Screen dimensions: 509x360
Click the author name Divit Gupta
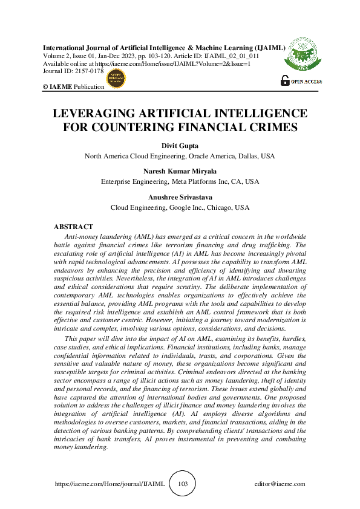pyautogui.click(x=180, y=146)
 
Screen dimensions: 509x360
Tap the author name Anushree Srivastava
pyautogui.click(x=180, y=197)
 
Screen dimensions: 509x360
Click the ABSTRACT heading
pyautogui.click(x=74, y=226)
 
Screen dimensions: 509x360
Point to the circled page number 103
pyautogui.click(x=183, y=484)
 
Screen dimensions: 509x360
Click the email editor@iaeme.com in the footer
pyautogui.click(x=280, y=484)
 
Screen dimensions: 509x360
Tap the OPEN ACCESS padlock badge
pyautogui.click(x=301, y=80)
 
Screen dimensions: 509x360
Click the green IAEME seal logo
pyautogui.click(x=301, y=53)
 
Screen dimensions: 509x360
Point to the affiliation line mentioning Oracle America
pyautogui.click(x=180, y=156)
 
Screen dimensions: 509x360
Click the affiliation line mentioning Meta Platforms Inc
pyautogui.click(x=180, y=181)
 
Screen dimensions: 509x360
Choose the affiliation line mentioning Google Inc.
pyautogui.click(x=180, y=207)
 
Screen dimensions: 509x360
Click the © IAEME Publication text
pyautogui.click(x=73, y=87)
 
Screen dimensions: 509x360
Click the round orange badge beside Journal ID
pyautogui.click(x=114, y=77)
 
